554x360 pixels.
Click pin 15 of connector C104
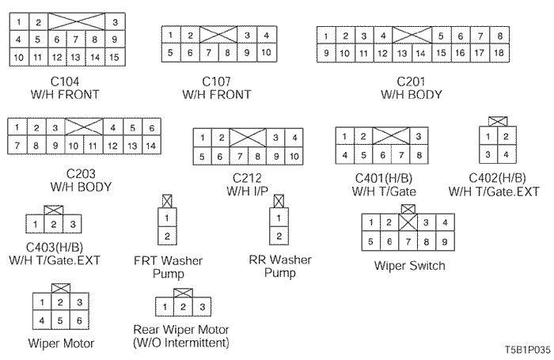click(115, 57)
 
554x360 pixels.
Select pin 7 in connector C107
click(209, 52)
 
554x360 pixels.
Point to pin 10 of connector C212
click(293, 157)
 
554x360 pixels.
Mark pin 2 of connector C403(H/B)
click(54, 225)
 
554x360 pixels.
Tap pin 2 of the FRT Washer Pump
click(166, 236)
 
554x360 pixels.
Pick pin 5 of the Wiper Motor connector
click(60, 321)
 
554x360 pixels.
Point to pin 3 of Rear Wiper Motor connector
click(203, 306)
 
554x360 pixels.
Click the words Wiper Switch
click(409, 266)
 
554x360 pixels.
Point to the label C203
click(78, 175)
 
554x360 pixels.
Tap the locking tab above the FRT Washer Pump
click(166, 200)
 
